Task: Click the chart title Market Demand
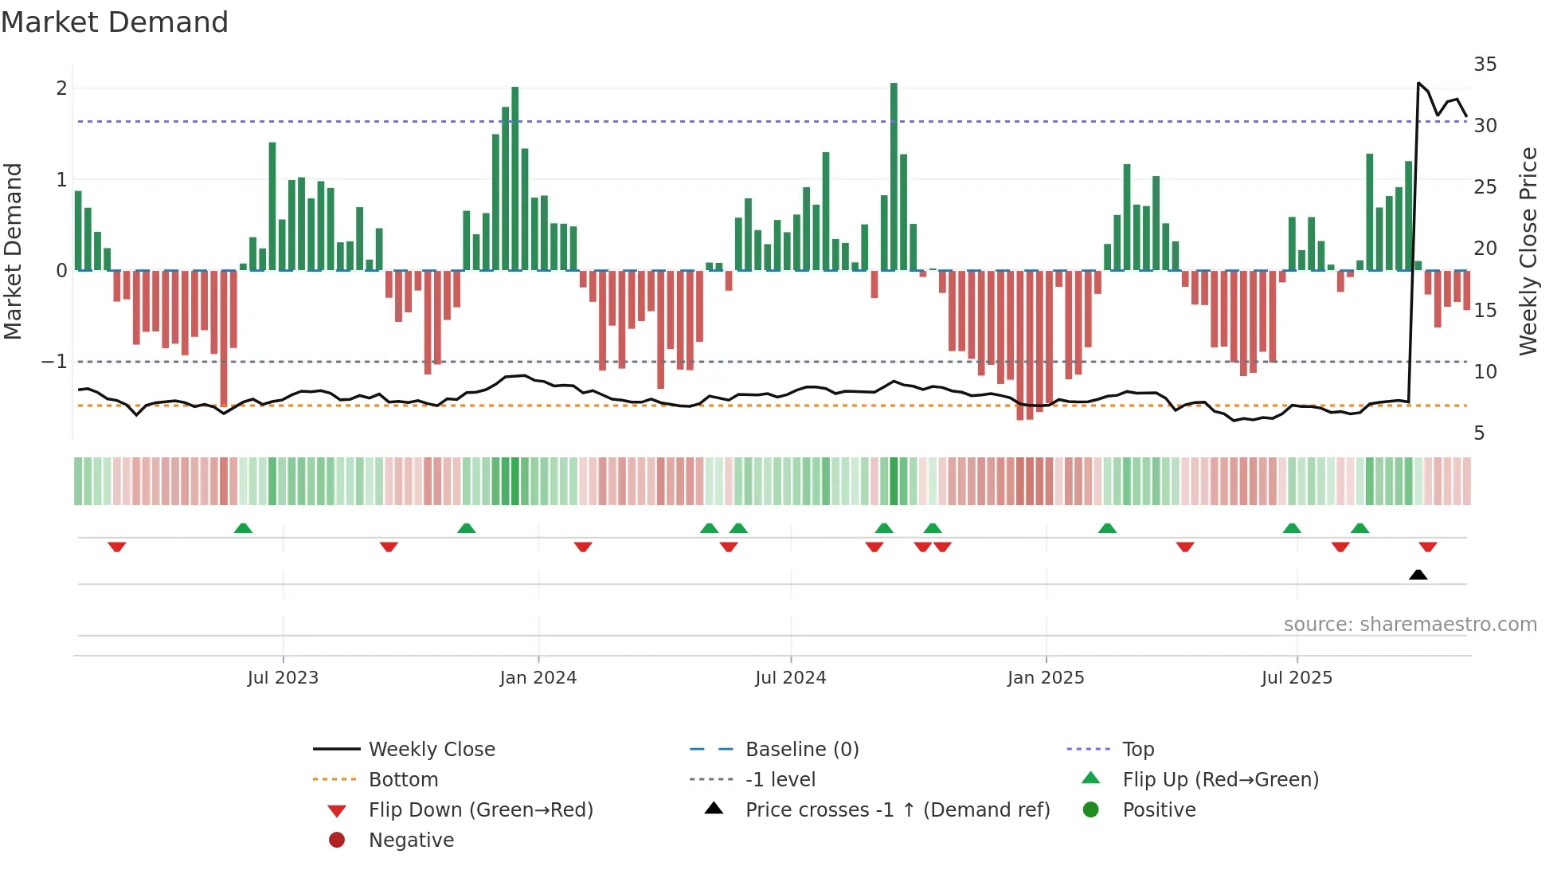115,22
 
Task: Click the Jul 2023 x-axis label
283,678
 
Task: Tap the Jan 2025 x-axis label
1046,678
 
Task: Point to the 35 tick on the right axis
1485,65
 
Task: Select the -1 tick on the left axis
54,362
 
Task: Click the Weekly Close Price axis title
1528,251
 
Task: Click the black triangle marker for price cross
1418,574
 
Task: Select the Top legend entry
1137,750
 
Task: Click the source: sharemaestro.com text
1410,625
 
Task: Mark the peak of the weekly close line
1418,83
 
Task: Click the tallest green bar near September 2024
894,175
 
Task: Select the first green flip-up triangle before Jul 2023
243,528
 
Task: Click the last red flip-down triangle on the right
1427,547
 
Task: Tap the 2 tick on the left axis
61,88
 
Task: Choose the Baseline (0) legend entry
801,750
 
